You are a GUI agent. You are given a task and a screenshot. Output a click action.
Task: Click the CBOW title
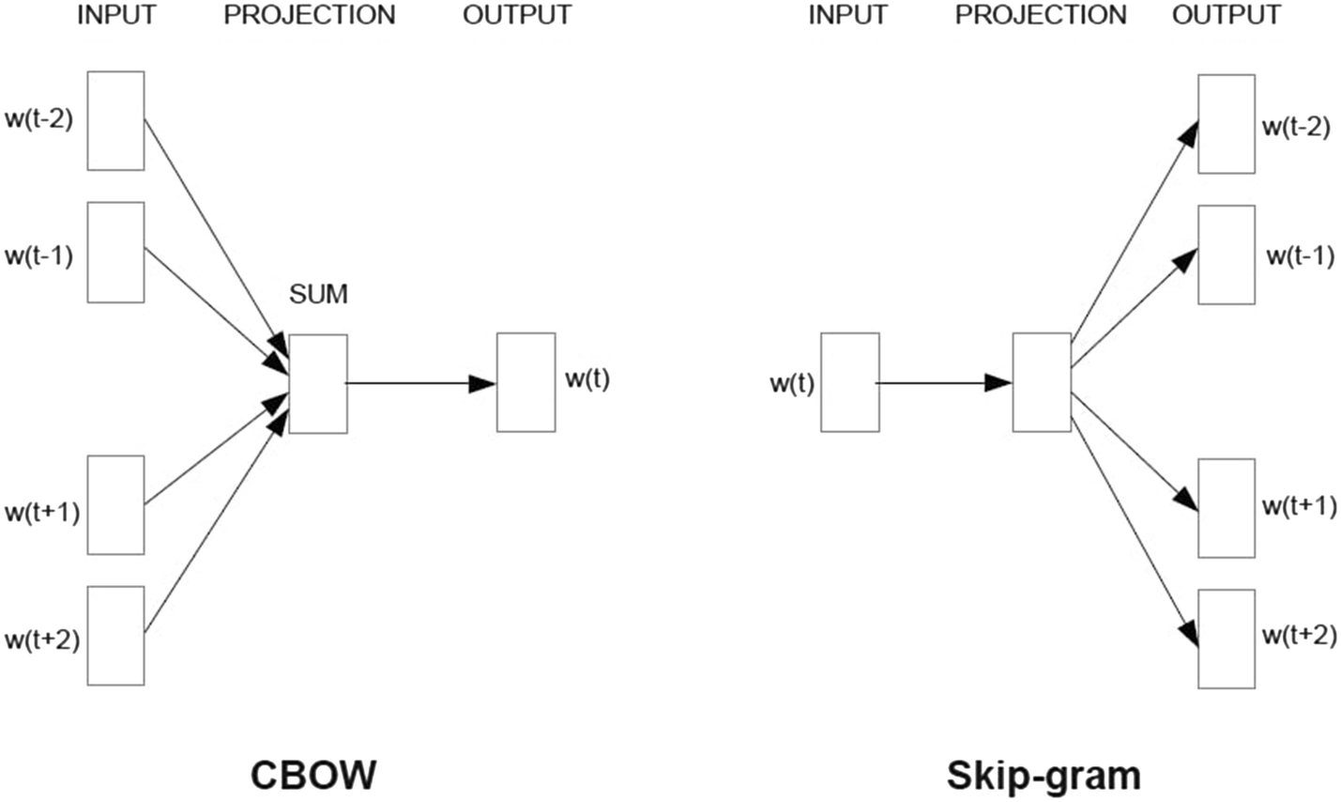pos(313,776)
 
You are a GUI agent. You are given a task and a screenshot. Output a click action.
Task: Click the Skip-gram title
pos(1044,776)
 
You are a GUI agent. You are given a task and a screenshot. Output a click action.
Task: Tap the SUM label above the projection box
pos(318,294)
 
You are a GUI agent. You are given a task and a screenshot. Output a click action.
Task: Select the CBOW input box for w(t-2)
pos(115,120)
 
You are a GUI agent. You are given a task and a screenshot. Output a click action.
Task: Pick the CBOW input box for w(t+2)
pos(115,636)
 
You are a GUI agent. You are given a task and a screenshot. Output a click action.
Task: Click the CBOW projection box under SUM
pos(317,383)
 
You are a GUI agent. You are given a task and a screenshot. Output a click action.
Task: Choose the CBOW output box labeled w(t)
pos(526,382)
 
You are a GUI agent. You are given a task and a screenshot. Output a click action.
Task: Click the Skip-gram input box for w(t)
pos(849,382)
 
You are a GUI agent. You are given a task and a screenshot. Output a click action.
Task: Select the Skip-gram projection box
pos(1041,382)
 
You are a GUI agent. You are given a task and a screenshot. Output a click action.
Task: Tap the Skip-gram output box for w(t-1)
pos(1226,254)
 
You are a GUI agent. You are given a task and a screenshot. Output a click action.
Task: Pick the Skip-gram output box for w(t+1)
pos(1226,508)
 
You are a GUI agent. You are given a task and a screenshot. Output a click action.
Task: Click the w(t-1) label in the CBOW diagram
pos(39,255)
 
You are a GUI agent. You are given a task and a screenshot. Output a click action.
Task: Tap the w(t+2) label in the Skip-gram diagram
pos(1299,635)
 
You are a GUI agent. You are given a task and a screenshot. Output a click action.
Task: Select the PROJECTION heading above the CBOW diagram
pos(309,15)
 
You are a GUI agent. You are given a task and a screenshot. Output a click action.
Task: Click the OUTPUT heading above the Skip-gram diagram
pos(1226,15)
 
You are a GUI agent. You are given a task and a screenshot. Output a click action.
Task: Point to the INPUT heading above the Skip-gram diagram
pos(847,15)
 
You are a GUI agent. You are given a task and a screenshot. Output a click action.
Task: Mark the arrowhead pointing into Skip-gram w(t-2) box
pos(1189,132)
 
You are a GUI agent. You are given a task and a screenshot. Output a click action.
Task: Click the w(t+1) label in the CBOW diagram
pos(42,513)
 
